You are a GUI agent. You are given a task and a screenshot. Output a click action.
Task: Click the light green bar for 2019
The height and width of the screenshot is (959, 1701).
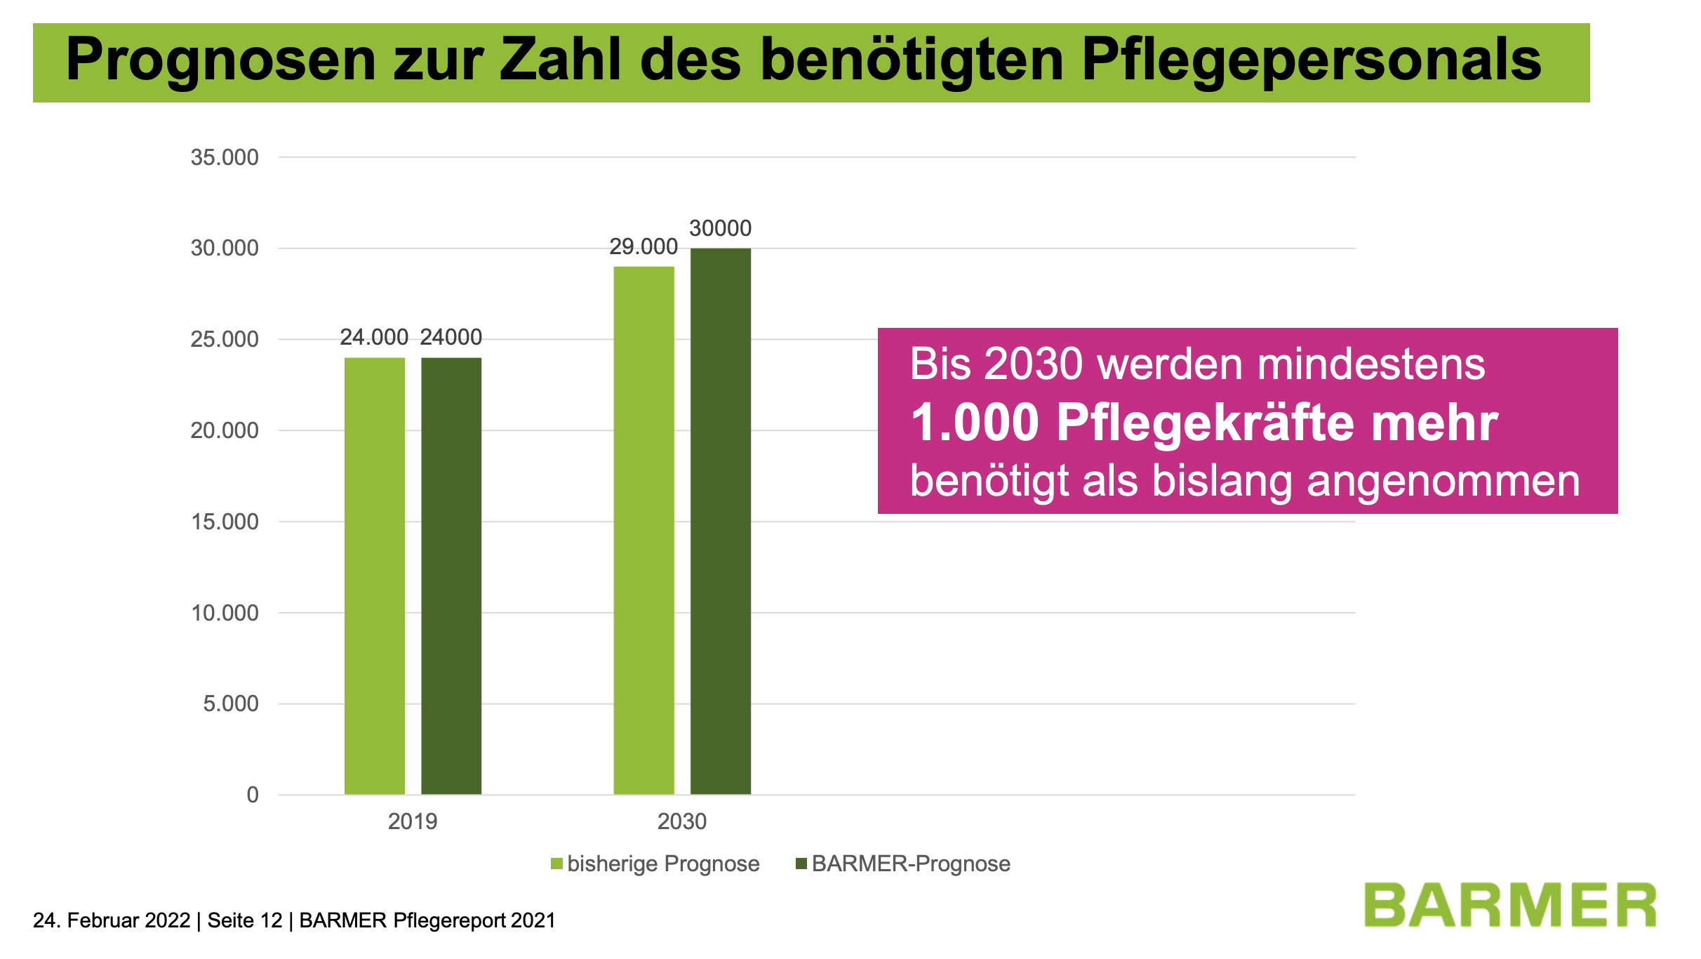(x=374, y=576)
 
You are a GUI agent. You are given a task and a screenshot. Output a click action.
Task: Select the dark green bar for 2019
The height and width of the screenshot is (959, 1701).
(x=451, y=576)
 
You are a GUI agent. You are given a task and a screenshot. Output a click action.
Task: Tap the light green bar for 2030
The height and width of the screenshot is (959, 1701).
(x=643, y=530)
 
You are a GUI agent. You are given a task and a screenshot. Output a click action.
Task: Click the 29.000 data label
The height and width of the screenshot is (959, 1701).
(x=643, y=246)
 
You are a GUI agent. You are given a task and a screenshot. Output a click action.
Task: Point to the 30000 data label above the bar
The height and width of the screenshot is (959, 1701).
(x=720, y=228)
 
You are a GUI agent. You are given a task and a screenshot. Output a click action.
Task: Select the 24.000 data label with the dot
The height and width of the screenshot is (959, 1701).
(x=374, y=337)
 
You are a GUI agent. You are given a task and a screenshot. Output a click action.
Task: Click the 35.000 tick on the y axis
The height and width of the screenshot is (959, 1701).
(x=225, y=157)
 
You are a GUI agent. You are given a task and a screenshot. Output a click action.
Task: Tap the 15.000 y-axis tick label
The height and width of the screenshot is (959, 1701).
(x=225, y=522)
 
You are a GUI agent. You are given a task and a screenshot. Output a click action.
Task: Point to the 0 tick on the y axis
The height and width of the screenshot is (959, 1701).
(x=253, y=795)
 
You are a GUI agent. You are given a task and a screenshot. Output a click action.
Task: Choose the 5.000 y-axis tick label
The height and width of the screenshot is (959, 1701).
(x=231, y=703)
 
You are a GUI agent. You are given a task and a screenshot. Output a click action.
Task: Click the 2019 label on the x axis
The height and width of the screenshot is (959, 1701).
(x=413, y=821)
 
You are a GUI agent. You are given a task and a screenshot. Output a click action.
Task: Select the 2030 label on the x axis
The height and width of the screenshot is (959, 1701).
(x=682, y=821)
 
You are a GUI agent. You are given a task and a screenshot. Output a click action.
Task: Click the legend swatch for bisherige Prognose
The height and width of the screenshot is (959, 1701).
(x=557, y=864)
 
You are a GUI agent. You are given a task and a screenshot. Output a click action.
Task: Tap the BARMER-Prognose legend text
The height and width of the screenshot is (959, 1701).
(x=911, y=864)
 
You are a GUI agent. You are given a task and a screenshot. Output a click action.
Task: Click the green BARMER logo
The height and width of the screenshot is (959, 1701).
(x=1510, y=906)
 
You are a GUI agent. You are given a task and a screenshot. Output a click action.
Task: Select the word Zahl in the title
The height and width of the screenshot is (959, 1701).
(x=560, y=60)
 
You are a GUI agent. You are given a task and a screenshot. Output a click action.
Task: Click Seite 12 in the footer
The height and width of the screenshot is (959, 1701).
(x=245, y=920)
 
